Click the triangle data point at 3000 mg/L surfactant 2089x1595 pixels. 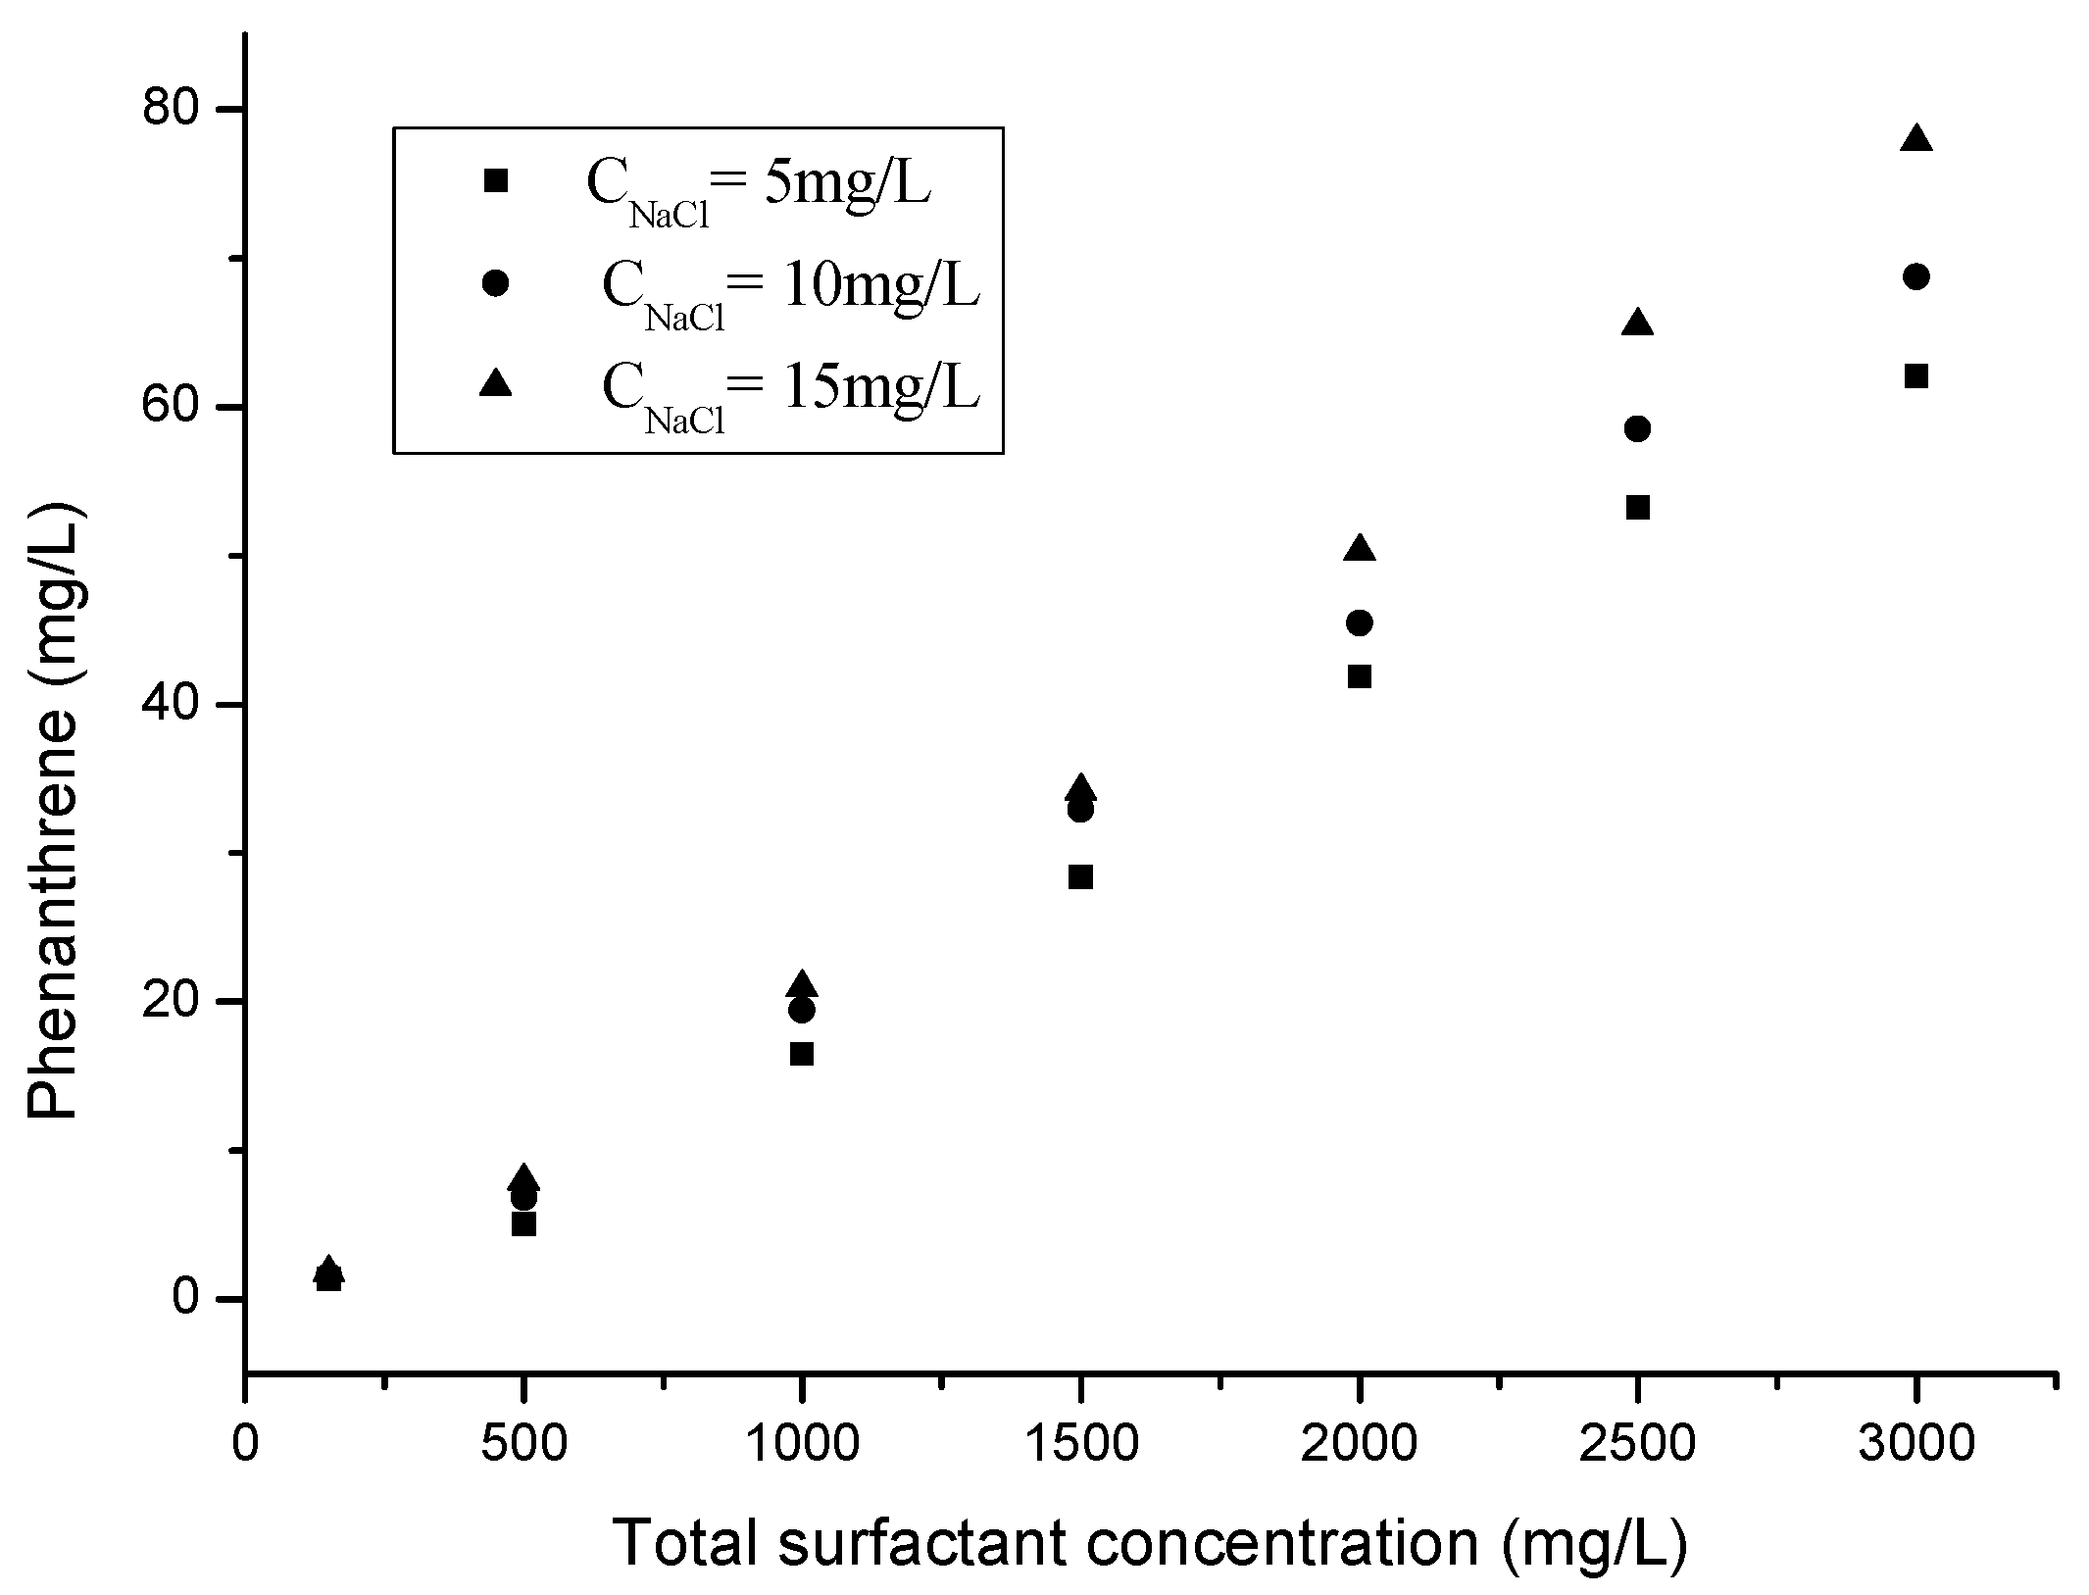pos(1915,140)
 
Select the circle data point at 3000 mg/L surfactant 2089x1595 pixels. pos(1915,277)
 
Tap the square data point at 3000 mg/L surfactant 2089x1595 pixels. pos(1915,376)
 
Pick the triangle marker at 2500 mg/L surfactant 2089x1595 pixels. pos(1637,324)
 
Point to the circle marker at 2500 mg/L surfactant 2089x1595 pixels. pos(1637,428)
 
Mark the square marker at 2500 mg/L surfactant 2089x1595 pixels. pos(1637,508)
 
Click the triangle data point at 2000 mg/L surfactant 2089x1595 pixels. pos(1359,549)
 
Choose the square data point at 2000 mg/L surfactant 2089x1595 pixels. pos(1359,676)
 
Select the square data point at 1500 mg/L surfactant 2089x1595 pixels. pos(1080,877)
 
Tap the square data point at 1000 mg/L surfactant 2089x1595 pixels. pos(802,1054)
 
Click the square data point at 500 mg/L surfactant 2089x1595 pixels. pos(523,1224)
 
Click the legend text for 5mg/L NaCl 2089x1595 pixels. pos(758,186)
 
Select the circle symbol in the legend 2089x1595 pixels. pos(496,283)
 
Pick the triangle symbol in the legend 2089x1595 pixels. pos(496,383)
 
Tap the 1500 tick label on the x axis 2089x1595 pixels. pos(1080,1445)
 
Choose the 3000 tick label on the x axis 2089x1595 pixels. pos(1915,1445)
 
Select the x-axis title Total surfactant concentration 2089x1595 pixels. pos(1150,1543)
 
